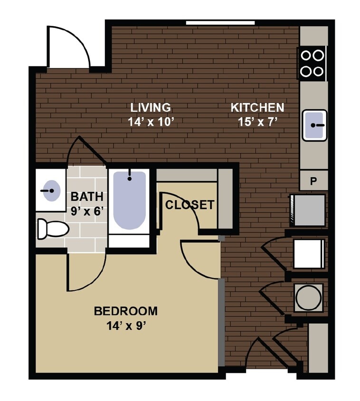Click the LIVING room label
tap(149, 107)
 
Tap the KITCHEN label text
tap(257, 108)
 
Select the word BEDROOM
tap(126, 311)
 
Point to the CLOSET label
tap(189, 205)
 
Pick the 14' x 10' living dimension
tap(149, 122)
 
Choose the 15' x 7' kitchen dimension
tap(257, 122)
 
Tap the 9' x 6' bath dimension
tap(87, 211)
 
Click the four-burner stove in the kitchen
tap(313, 63)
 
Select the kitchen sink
tap(314, 125)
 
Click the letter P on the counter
tap(313, 181)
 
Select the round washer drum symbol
tap(308, 297)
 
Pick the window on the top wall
tap(220, 22)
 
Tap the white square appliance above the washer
tap(309, 253)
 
